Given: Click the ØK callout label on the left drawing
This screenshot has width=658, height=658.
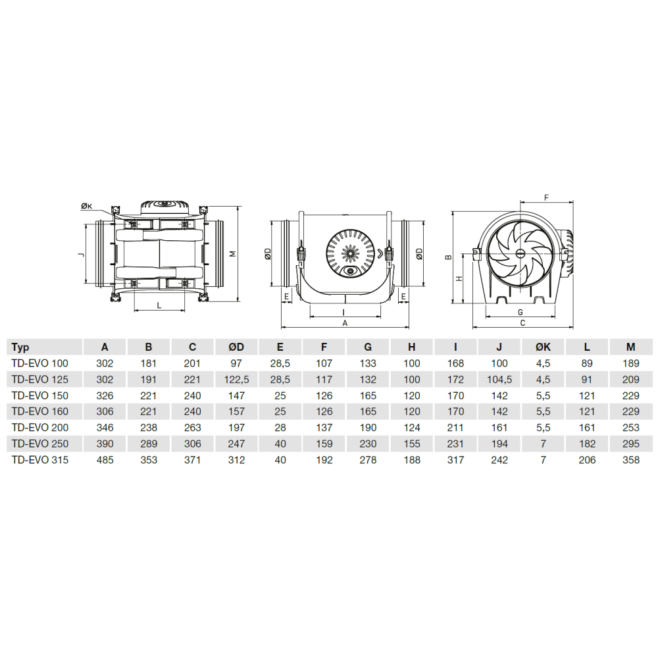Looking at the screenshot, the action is tap(86, 205).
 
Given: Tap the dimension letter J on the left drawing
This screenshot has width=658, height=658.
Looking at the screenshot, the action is tap(82, 254).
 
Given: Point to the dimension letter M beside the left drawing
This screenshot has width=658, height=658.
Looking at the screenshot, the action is tap(234, 254).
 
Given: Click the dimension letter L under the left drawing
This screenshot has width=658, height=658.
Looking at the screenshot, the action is tap(159, 305).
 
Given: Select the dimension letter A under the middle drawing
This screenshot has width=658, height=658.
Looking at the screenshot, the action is tap(345, 323).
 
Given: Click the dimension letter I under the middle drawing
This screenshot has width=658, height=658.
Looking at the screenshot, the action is tap(343, 313).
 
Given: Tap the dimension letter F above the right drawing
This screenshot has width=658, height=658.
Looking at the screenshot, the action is tap(546, 197).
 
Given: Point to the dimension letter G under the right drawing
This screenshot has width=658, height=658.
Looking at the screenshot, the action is tap(520, 312).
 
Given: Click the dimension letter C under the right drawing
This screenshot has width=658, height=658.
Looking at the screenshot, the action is tap(522, 323).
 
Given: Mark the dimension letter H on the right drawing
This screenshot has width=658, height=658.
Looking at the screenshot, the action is tap(459, 278).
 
